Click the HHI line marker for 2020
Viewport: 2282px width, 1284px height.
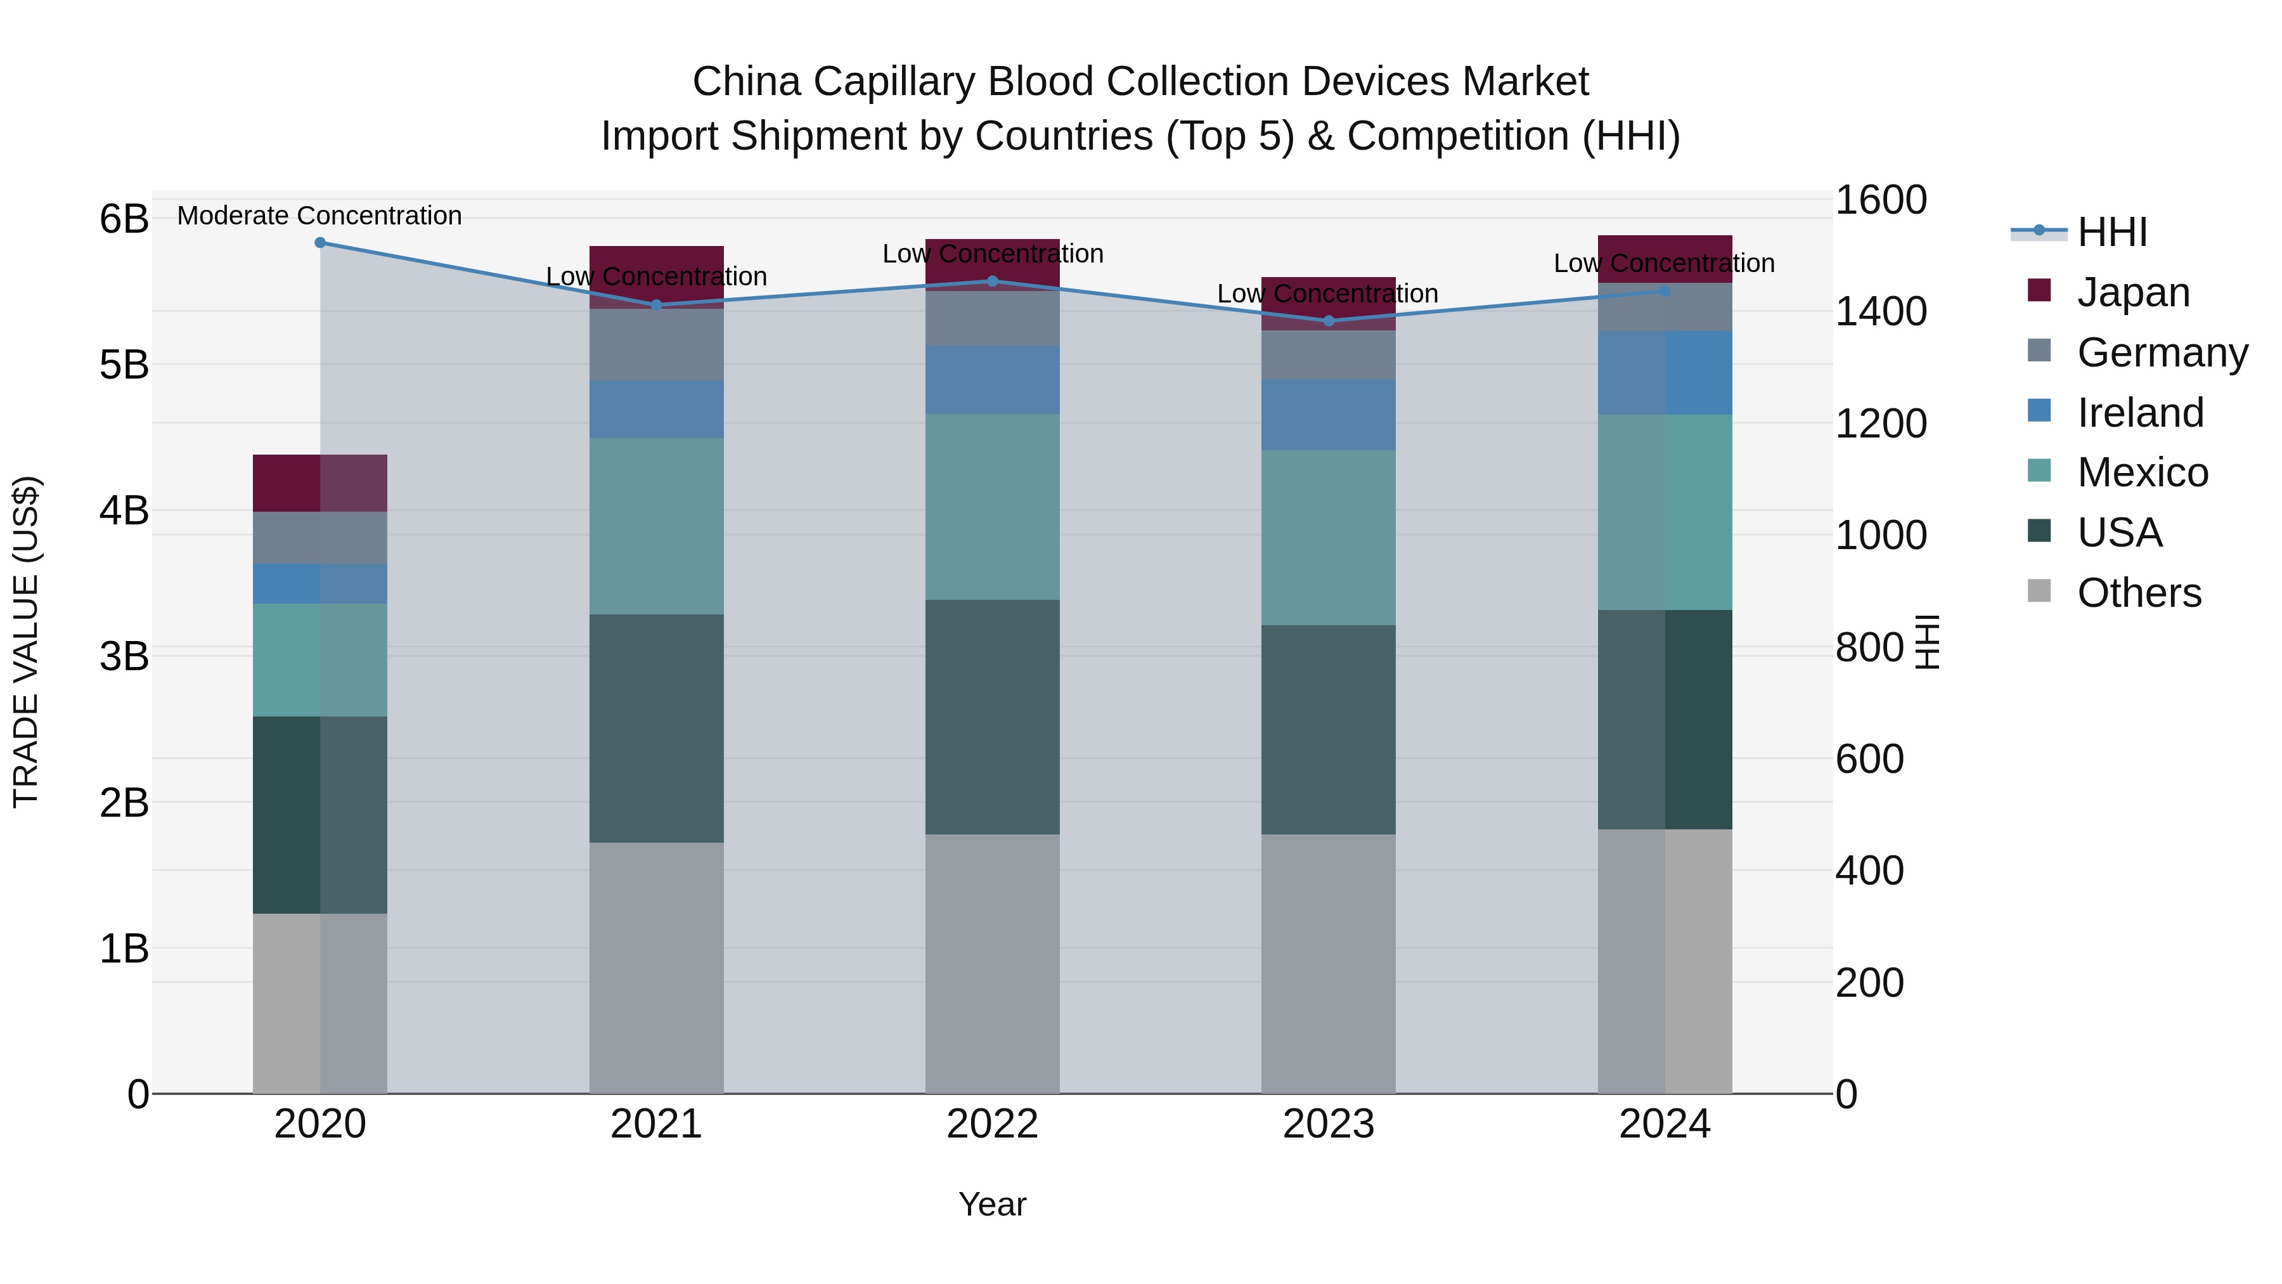pyautogui.click(x=321, y=243)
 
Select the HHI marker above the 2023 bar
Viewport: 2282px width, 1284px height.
pyautogui.click(x=1328, y=321)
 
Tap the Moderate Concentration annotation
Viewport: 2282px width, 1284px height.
pyautogui.click(x=320, y=216)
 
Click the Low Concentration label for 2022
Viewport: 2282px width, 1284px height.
pyautogui.click(x=992, y=254)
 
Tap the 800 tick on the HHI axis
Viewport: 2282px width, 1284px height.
pyautogui.click(x=1869, y=648)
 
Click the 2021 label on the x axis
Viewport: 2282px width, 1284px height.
pyautogui.click(x=657, y=1124)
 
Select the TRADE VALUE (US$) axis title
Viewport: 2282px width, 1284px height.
pyautogui.click(x=27, y=642)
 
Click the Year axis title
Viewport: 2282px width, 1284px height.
pyautogui.click(x=992, y=1204)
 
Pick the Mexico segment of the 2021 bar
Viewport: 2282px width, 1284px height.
pyautogui.click(x=657, y=526)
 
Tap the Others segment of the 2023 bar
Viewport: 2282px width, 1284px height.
pyautogui.click(x=1328, y=963)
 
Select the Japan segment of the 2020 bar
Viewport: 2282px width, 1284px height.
pyautogui.click(x=320, y=483)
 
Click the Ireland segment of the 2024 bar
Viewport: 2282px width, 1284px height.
pyautogui.click(x=1665, y=372)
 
